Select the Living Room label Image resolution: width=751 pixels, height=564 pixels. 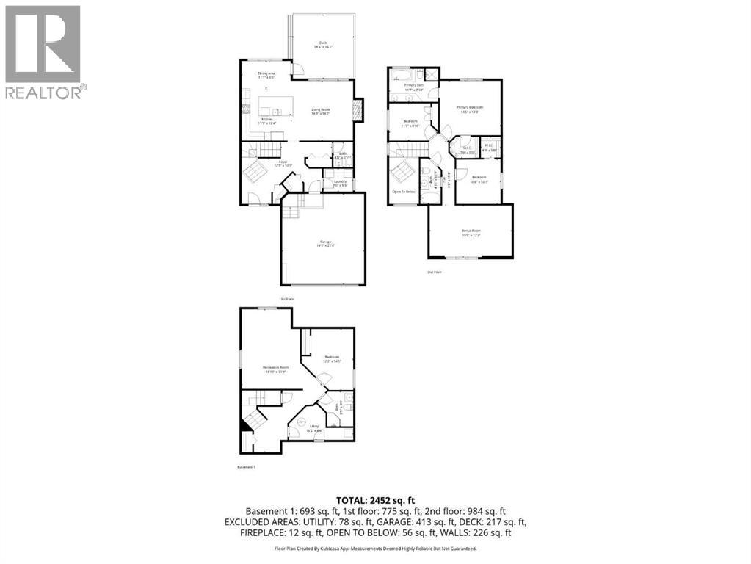pyautogui.click(x=321, y=112)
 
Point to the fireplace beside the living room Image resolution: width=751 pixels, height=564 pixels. pyautogui.click(x=358, y=111)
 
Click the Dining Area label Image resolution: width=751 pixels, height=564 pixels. pyautogui.click(x=266, y=75)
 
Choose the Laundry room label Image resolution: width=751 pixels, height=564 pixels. pyautogui.click(x=339, y=183)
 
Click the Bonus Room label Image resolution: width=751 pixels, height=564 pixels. pyautogui.click(x=470, y=233)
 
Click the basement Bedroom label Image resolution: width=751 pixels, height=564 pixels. pyautogui.click(x=332, y=359)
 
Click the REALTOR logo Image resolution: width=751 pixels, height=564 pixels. pyautogui.click(x=44, y=52)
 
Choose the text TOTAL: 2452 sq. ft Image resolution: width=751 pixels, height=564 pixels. pyautogui.click(x=375, y=499)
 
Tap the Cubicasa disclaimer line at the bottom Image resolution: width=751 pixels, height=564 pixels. pyautogui.click(x=375, y=548)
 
